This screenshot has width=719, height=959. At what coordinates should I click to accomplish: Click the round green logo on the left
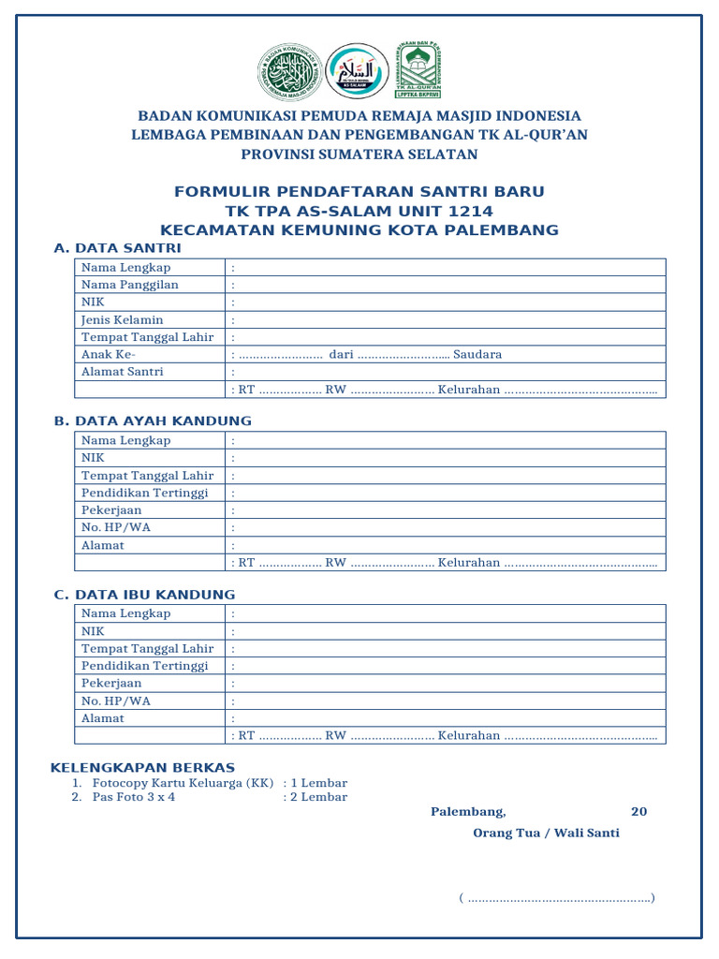pos(287,71)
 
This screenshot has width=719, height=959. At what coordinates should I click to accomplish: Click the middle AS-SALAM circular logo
pos(357,71)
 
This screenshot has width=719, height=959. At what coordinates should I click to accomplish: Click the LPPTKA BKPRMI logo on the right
pos(418,70)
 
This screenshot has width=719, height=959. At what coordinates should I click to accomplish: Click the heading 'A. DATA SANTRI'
pos(118,248)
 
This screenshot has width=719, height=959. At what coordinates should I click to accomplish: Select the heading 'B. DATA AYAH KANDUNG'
pos(153,420)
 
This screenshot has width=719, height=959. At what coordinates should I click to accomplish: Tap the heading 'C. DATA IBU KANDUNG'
pos(145,595)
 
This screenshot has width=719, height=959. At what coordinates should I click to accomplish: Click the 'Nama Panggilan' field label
pos(130,285)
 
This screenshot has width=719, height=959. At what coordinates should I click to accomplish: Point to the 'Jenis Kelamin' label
pos(123,319)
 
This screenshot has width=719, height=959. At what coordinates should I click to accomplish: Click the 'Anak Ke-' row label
pos(109,354)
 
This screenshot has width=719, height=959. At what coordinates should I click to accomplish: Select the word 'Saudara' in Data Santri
pos(478,354)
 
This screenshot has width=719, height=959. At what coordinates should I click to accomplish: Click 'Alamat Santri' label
pos(123,372)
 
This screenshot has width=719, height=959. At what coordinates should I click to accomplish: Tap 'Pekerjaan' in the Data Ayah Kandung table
pos(111,510)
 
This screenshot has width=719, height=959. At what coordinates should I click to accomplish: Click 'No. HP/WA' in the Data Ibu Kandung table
pos(116,701)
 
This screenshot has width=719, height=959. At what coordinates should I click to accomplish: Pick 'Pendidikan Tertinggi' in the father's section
pos(145,493)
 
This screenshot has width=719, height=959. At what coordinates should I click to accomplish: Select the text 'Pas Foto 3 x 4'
pos(134,797)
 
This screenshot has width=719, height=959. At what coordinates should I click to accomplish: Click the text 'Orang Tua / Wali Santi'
pos(547,833)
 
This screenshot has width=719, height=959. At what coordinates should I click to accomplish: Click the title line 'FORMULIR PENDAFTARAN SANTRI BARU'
pos(359,192)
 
